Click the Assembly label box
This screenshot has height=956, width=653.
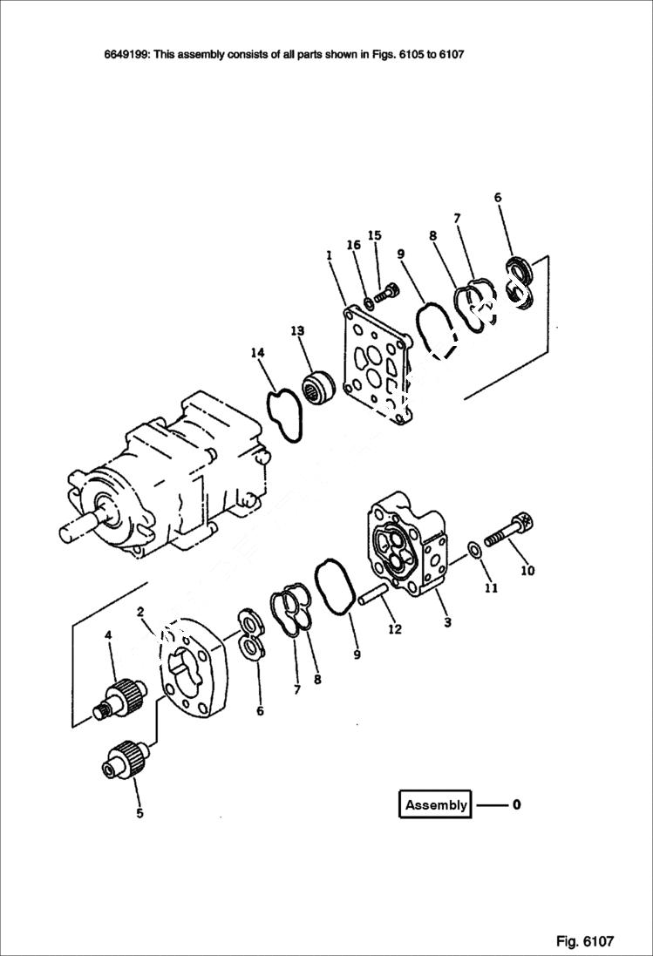435,804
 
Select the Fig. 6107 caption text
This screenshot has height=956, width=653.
585,941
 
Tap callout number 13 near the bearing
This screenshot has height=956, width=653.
297,331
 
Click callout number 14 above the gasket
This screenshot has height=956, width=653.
257,353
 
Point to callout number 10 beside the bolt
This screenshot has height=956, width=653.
527,572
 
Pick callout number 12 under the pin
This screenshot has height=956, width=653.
395,628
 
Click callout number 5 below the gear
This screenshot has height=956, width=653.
139,814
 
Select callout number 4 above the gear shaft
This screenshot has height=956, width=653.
108,636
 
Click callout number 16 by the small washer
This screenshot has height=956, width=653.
354,246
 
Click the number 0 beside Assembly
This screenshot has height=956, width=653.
517,804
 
